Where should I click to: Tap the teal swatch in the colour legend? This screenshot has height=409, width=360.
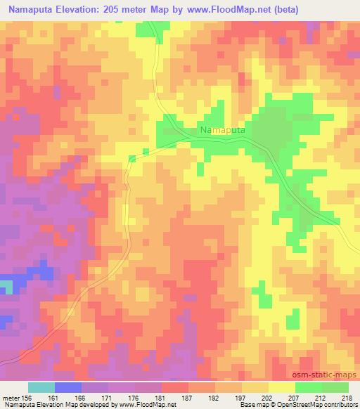tap(41, 387)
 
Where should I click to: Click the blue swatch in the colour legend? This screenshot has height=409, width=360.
tap(68, 387)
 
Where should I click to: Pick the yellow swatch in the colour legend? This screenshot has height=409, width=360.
tap(282, 387)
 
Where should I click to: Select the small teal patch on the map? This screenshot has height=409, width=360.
tap(6, 287)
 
